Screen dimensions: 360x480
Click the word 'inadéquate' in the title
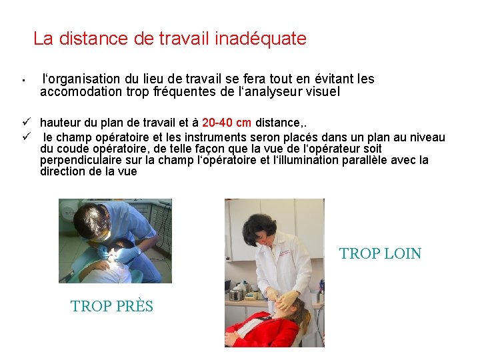coord(261,39)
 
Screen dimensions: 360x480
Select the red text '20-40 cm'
coord(227,122)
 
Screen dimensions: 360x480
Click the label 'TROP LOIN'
coord(380,253)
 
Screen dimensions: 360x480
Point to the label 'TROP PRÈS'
coord(112,307)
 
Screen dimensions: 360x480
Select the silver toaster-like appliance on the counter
coord(237,294)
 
